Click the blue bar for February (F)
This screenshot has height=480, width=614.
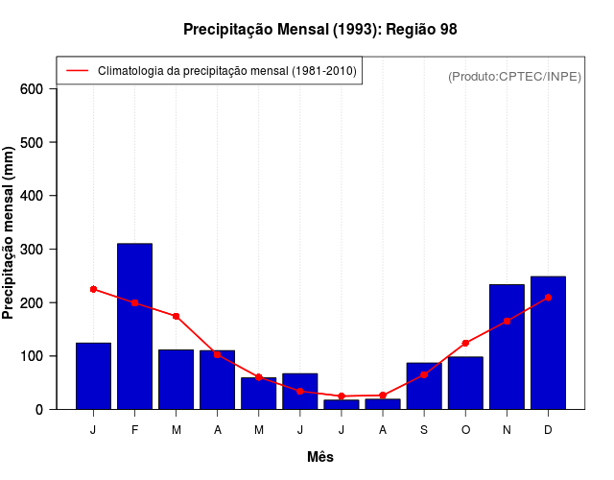click(134, 326)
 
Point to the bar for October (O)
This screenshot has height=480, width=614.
click(465, 383)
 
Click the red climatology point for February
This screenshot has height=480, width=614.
click(134, 302)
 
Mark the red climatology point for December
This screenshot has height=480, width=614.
click(548, 298)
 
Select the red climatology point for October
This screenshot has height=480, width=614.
click(465, 343)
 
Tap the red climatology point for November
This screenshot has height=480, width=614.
click(507, 321)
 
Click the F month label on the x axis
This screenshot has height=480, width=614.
click(134, 430)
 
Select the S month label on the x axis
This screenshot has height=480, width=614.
click(424, 430)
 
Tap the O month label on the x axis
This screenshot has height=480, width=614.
click(465, 430)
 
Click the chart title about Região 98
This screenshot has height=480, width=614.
click(319, 30)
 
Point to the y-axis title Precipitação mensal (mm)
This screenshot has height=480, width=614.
click(10, 233)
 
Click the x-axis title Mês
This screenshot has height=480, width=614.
click(319, 457)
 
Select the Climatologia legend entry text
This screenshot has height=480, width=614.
click(227, 70)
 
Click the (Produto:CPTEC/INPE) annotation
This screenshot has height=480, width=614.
click(514, 76)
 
